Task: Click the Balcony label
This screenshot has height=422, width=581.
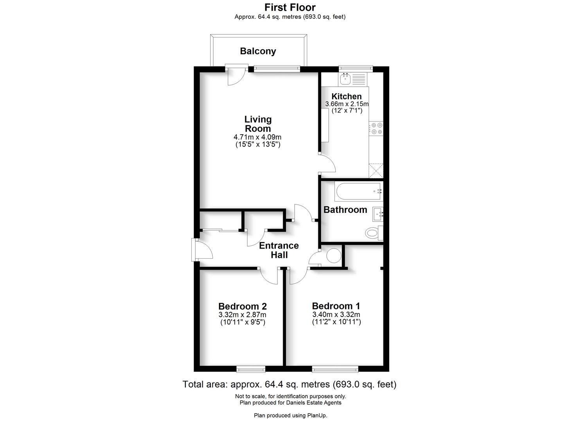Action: [x=258, y=51]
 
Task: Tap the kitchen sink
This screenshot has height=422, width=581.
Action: [x=345, y=79]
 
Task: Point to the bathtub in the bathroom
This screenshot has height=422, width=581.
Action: [x=358, y=191]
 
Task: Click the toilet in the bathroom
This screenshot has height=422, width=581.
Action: [x=373, y=234]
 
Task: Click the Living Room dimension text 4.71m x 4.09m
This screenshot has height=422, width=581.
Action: [x=257, y=137]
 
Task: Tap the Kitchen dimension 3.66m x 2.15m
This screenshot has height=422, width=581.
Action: [x=347, y=104]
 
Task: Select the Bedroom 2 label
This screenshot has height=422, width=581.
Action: [x=243, y=306]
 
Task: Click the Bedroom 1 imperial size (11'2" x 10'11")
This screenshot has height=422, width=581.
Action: [x=336, y=322]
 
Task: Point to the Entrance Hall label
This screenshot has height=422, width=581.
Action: [x=279, y=250]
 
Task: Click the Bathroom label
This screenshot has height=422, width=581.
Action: [x=345, y=210]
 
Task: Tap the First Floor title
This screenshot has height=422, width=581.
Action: [x=290, y=7]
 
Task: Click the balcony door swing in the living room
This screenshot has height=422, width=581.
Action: [x=236, y=76]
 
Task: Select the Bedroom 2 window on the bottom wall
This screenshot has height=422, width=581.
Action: [x=251, y=368]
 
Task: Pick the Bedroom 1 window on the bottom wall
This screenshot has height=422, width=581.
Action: [x=335, y=368]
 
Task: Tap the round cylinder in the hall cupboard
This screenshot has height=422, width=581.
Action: [x=334, y=256]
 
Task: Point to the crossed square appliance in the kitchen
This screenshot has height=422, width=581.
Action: [x=376, y=170]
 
